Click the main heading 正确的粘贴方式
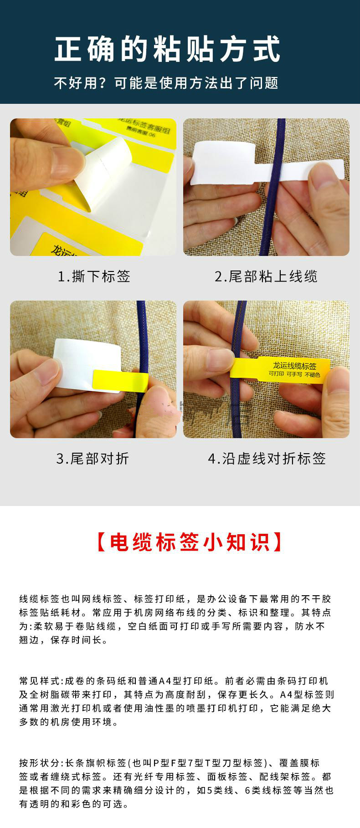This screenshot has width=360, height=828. (x=167, y=49)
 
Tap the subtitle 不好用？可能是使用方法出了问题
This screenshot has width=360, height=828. (x=166, y=83)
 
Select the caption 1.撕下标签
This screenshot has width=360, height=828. (x=94, y=276)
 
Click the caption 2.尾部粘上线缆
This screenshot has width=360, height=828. (x=266, y=276)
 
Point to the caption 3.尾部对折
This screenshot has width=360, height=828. (x=93, y=459)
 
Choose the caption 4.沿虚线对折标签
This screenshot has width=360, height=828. (x=267, y=459)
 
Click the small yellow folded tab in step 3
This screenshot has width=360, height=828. (x=120, y=380)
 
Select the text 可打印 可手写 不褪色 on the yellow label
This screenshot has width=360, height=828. (x=294, y=374)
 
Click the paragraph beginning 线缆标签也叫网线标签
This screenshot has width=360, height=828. (x=175, y=619)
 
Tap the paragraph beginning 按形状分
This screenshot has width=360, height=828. (x=176, y=783)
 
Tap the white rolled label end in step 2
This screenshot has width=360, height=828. (x=223, y=162)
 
